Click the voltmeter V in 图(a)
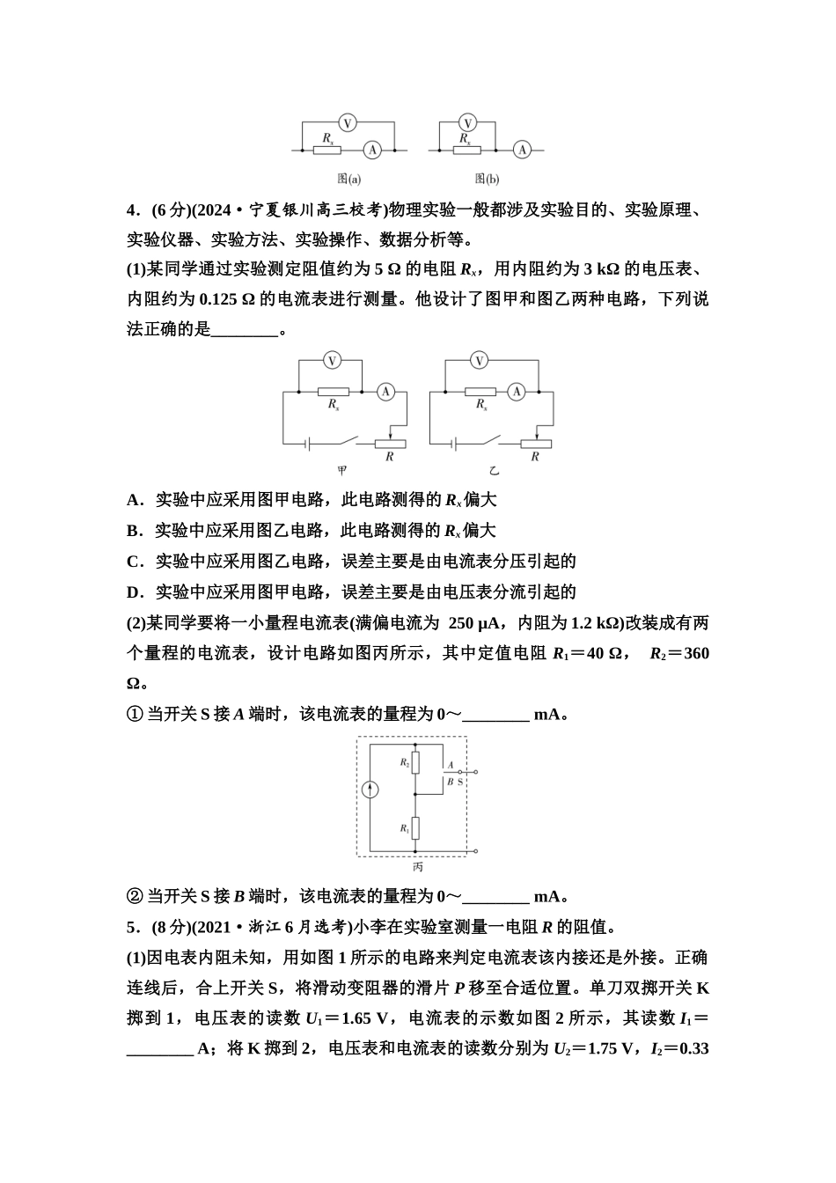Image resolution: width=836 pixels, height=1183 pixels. (348, 123)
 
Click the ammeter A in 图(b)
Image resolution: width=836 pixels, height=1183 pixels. (523, 151)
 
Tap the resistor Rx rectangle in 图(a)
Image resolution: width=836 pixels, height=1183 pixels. (328, 151)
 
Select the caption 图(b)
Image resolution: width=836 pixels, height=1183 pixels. (487, 179)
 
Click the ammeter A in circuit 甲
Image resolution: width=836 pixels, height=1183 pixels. (385, 393)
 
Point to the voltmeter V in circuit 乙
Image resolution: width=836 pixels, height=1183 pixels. (479, 360)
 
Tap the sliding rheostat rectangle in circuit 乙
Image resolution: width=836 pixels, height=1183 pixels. (534, 444)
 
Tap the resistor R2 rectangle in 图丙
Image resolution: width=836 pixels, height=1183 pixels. (417, 762)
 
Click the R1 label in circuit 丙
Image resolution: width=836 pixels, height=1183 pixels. (405, 828)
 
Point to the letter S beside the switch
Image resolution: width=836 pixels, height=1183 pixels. (459, 781)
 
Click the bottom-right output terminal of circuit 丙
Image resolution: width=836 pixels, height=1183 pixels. (476, 852)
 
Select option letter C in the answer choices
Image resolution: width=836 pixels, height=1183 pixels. (134, 562)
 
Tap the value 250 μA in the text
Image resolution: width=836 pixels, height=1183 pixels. (474, 623)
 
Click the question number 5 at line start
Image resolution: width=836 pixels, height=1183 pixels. (132, 927)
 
